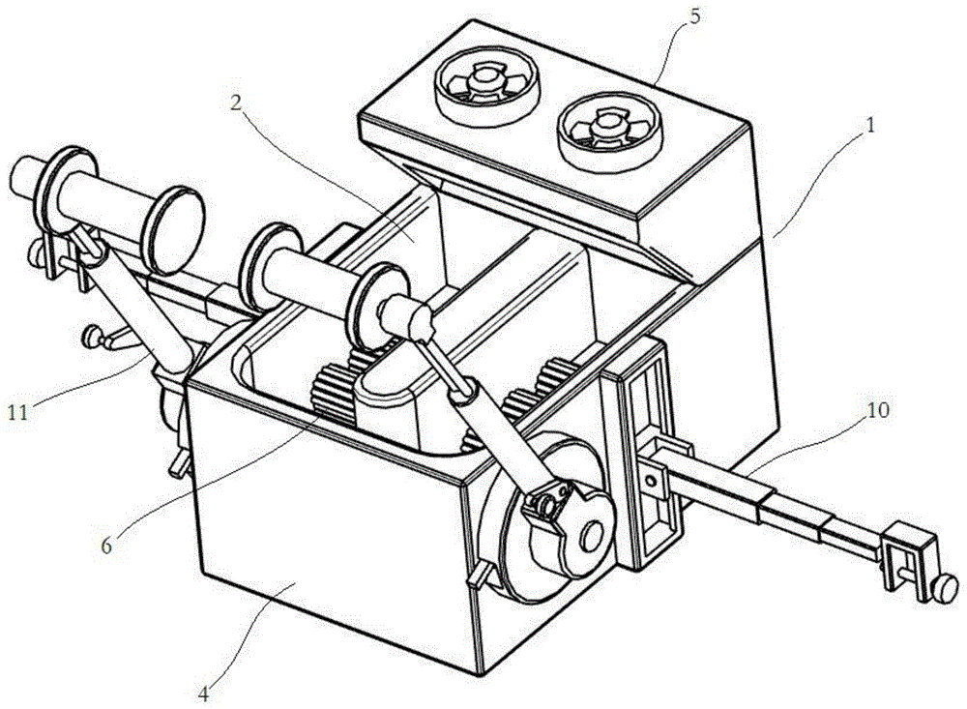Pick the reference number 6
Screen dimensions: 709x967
pos(107,545)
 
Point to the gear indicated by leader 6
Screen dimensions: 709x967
pos(334,396)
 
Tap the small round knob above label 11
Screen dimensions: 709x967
pos(94,335)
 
